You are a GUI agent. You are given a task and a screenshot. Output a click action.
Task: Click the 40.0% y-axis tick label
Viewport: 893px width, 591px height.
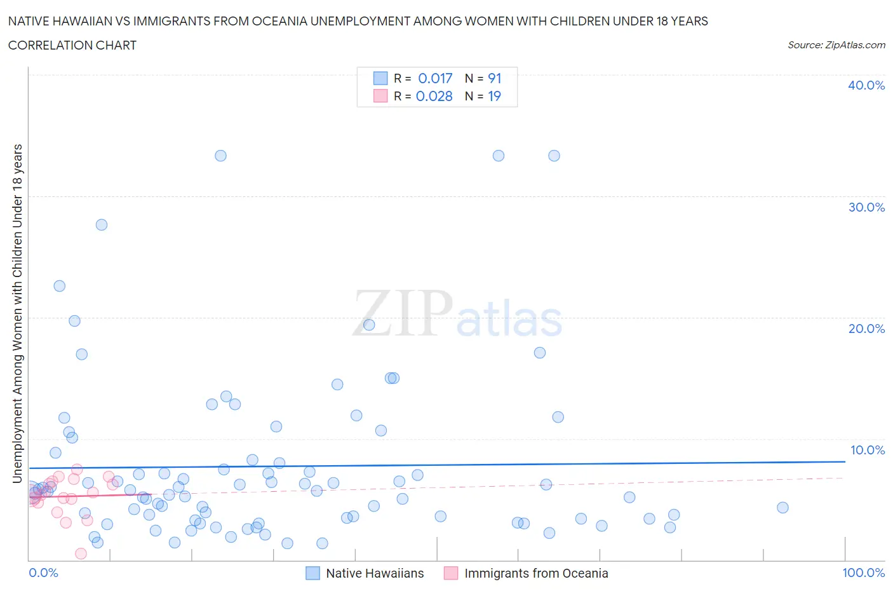pos(866,85)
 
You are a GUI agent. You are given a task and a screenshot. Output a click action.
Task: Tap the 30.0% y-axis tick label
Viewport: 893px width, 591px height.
pos(866,207)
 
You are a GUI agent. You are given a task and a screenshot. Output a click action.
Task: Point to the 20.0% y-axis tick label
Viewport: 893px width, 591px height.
pos(866,329)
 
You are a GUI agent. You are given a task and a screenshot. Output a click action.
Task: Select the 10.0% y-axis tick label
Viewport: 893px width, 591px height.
pos(867,450)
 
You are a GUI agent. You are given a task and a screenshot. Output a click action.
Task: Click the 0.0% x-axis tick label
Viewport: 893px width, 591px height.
pos(43,573)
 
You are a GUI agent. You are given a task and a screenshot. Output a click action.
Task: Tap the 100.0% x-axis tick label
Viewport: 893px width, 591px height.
pos(863,573)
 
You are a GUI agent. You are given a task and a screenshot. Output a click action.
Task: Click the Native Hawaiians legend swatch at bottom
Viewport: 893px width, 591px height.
pos(312,573)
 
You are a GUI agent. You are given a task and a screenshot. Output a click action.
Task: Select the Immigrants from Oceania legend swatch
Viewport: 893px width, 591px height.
pos(451,573)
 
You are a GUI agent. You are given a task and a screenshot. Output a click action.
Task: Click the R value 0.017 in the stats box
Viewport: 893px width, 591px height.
pos(435,78)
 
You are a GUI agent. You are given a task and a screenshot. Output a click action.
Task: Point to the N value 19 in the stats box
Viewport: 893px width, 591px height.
pos(494,96)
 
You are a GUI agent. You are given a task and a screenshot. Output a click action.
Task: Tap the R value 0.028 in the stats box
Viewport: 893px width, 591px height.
pos(434,96)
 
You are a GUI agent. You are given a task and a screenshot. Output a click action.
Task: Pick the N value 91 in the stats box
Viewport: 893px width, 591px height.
pos(495,78)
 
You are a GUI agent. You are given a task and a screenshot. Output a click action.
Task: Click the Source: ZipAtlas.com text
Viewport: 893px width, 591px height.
pos(836,44)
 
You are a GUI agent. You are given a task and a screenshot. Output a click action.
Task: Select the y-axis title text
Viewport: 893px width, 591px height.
pos(17,313)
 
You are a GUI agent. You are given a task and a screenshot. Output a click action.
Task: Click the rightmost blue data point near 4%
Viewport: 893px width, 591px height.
pos(782,507)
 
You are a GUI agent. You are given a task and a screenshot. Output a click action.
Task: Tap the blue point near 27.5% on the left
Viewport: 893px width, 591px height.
pos(102,224)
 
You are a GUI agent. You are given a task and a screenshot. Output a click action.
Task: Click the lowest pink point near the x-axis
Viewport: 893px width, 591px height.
pos(81,554)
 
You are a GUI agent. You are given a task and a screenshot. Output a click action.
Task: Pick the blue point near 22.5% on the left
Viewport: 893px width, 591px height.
pos(60,286)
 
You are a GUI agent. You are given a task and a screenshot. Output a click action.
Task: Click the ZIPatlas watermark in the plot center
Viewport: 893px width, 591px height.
pos(457,314)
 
